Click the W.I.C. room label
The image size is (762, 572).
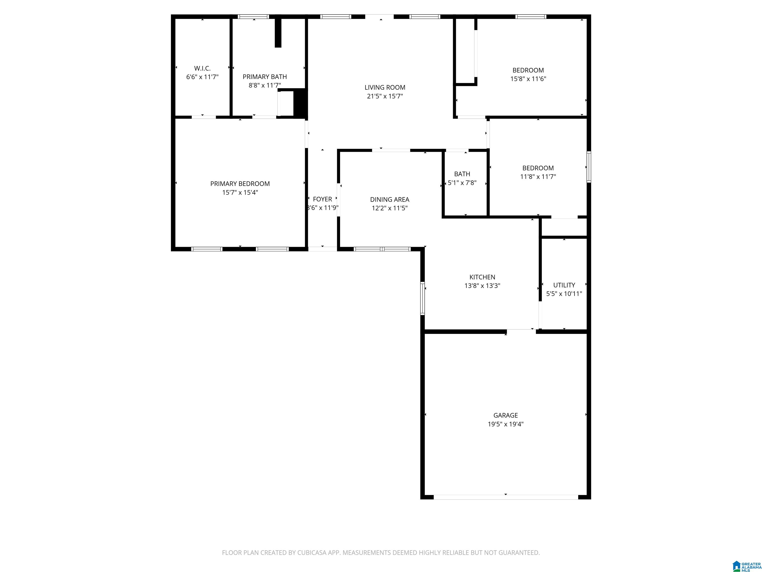tap(202, 68)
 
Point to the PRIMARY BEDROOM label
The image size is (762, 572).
tap(240, 184)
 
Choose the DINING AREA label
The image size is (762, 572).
tap(390, 200)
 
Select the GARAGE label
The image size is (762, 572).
tap(505, 415)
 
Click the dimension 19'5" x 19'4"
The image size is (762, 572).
tap(505, 424)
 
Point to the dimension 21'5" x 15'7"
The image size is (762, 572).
tap(385, 96)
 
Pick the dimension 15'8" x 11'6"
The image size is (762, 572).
tap(528, 79)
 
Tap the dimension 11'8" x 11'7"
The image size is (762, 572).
tap(538, 177)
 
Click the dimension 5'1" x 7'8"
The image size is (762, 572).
tap(462, 183)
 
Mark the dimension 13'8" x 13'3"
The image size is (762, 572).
tap(482, 286)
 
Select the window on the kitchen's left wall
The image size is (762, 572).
tap(423, 298)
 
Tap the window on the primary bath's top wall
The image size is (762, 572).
tap(254, 17)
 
